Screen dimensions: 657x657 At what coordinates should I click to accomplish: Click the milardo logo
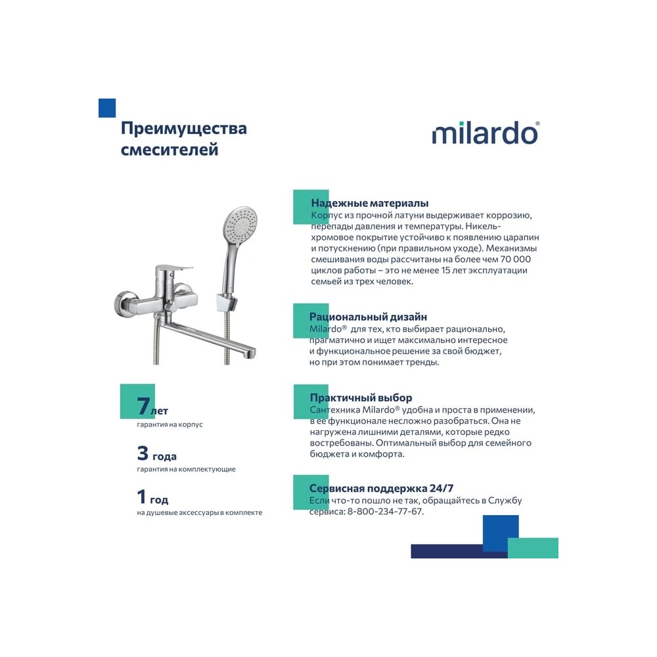coord(486,133)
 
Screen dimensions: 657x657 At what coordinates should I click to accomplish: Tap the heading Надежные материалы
coord(369,203)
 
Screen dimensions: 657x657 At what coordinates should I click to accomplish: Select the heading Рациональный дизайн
coord(368,317)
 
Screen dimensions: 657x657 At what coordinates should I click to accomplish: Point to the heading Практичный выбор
coord(361,397)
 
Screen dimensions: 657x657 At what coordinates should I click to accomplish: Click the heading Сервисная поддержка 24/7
coord(381,488)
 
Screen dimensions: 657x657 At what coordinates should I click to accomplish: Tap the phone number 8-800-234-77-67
coord(384,512)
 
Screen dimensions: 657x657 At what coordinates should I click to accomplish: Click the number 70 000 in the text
coord(515,260)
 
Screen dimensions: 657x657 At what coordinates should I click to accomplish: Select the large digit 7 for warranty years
coord(143,405)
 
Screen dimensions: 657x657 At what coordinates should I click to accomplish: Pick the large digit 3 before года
coord(143,453)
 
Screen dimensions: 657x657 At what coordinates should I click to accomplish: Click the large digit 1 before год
coord(142,497)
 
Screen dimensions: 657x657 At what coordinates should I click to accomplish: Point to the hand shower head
coord(240,224)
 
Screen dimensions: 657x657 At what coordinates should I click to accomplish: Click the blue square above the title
coord(107,108)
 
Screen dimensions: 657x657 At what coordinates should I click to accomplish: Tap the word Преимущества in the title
coord(184,128)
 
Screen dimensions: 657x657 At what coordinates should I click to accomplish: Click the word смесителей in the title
coord(170,150)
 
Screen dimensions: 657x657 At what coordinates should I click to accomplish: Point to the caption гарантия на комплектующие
coord(186,469)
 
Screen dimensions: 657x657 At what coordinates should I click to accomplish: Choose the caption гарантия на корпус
coord(170,424)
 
